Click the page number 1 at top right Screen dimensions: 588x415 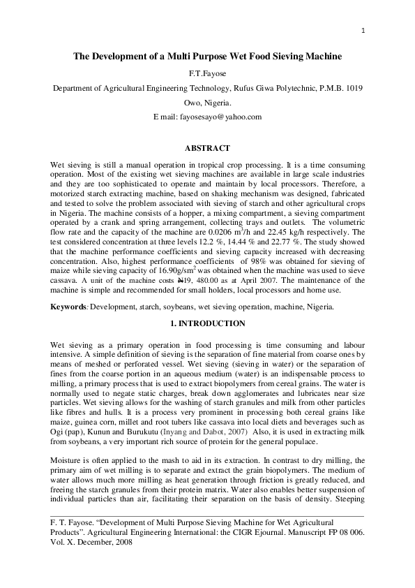click(x=363, y=30)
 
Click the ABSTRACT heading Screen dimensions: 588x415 click(x=207, y=149)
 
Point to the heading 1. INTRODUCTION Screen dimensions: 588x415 click(x=208, y=323)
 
